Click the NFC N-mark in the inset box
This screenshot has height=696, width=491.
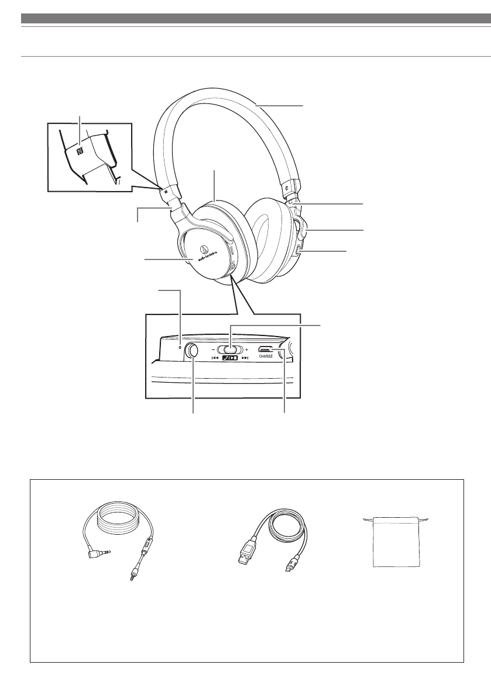click(80, 150)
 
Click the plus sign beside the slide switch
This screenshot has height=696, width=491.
click(255, 349)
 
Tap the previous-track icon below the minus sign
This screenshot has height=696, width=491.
click(215, 358)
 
